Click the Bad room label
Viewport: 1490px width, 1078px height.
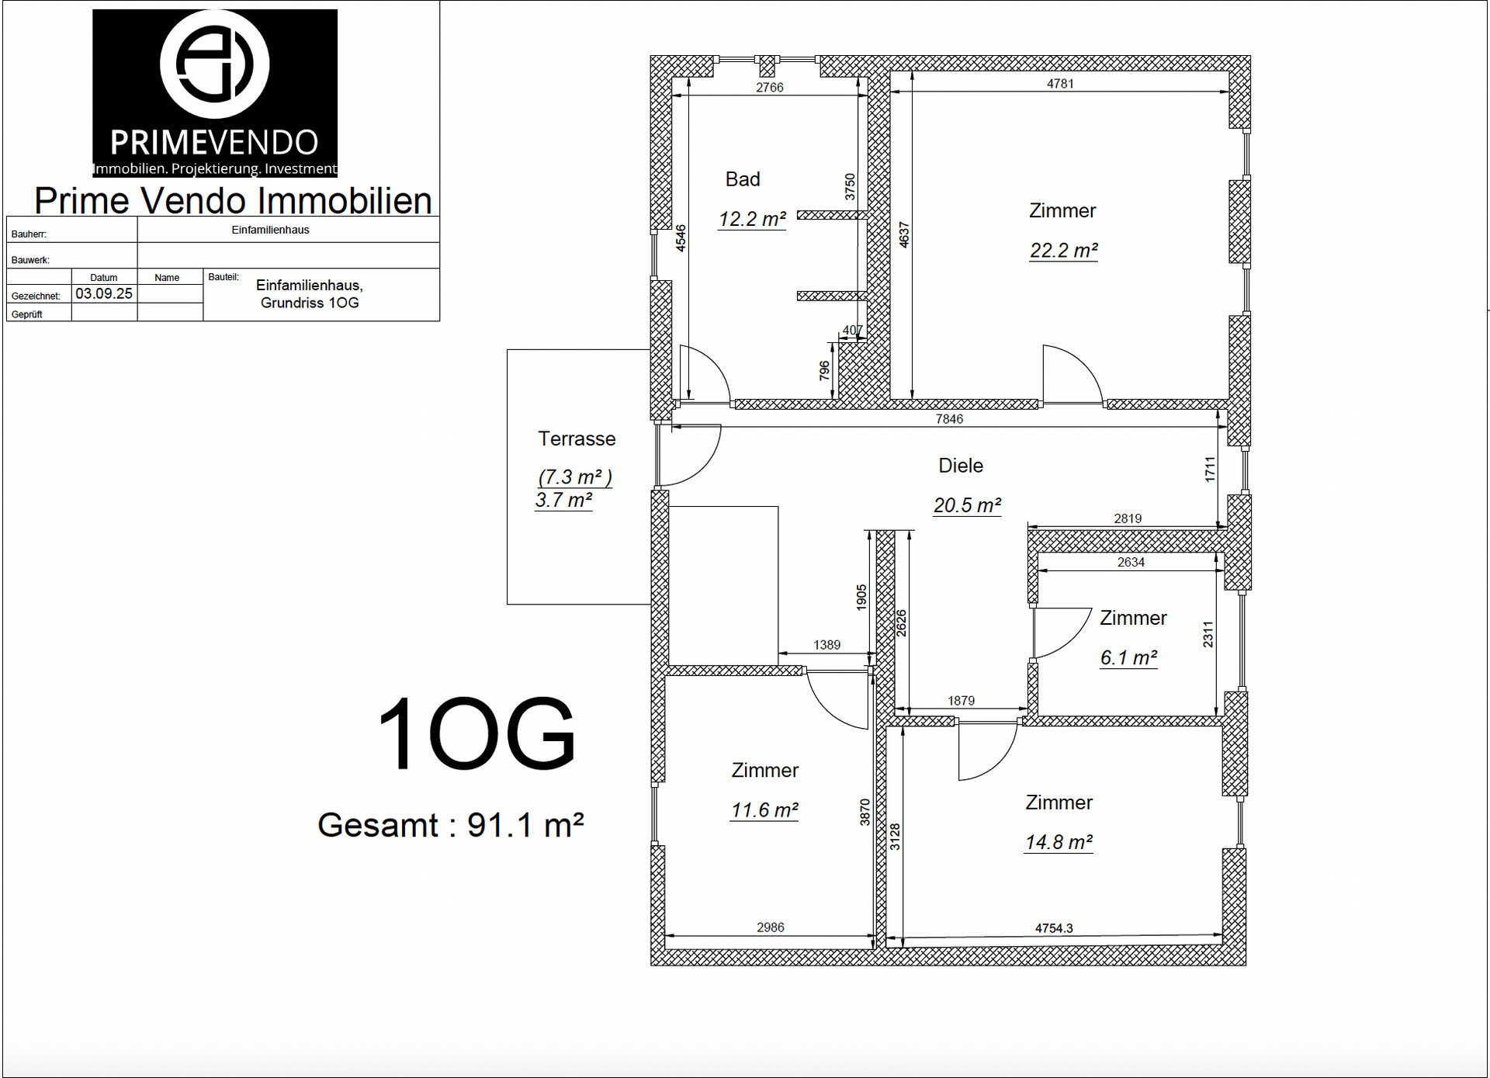[x=743, y=179]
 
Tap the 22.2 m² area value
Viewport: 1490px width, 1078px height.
[x=1063, y=251]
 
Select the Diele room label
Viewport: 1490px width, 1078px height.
[x=961, y=466]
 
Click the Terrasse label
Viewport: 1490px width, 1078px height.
[x=577, y=438]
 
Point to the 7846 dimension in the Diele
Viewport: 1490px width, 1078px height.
[x=949, y=419]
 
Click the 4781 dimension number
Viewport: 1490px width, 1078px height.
[x=1060, y=84]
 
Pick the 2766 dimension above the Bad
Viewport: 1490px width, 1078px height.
[x=770, y=88]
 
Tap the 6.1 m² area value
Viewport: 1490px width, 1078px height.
[x=1128, y=658]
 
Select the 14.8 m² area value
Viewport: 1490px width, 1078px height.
[x=1059, y=842]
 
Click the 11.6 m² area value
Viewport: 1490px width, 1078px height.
[x=764, y=810]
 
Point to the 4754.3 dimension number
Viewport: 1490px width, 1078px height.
[x=1054, y=928]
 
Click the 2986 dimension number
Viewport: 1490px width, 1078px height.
[x=771, y=927]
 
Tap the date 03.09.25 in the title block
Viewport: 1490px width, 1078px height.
[x=104, y=294]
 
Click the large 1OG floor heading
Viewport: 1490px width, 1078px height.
[x=476, y=733]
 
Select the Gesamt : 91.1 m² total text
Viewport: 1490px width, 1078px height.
[x=451, y=825]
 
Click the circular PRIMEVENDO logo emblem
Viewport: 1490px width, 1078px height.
[x=214, y=63]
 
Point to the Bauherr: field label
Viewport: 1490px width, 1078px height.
[x=29, y=234]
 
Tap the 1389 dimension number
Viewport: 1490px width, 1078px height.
[x=827, y=645]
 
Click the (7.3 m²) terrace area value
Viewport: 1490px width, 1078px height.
[x=575, y=477]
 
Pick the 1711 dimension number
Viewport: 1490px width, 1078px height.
[x=1210, y=470]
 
